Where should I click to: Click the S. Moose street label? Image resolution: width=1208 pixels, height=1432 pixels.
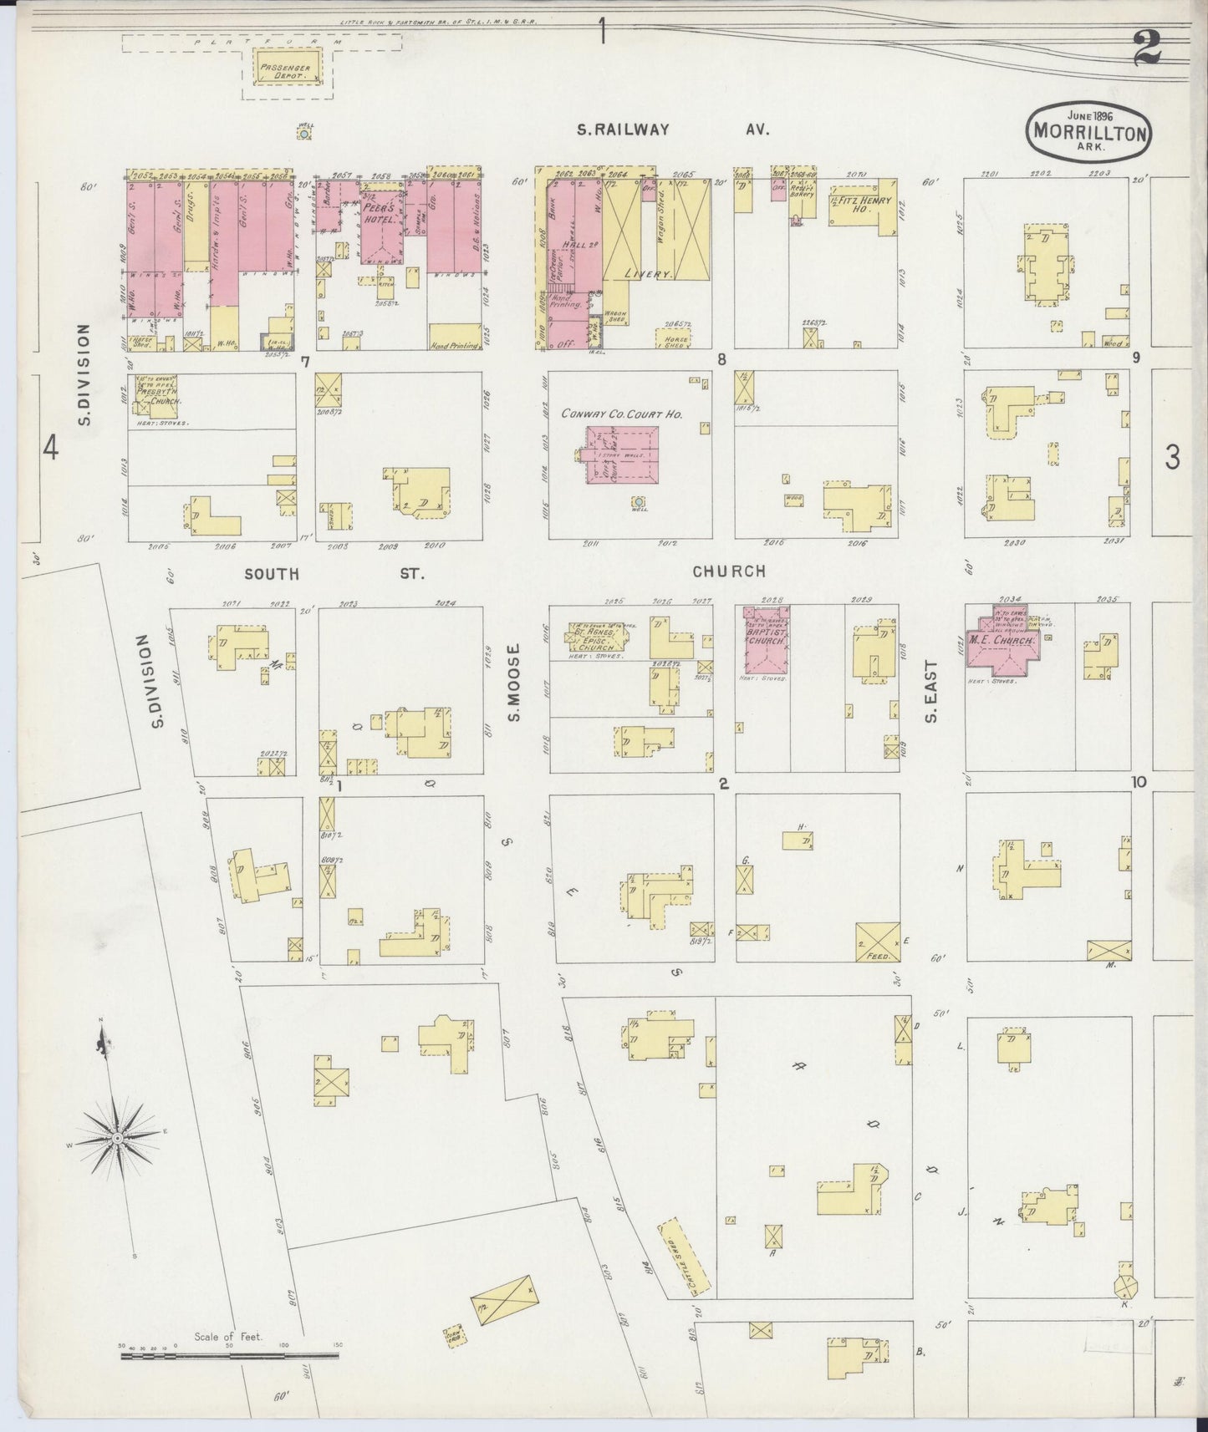click(515, 682)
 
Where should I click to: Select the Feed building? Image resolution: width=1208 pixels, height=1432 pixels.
click(878, 942)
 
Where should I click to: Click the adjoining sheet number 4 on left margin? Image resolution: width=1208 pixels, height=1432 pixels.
click(51, 449)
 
